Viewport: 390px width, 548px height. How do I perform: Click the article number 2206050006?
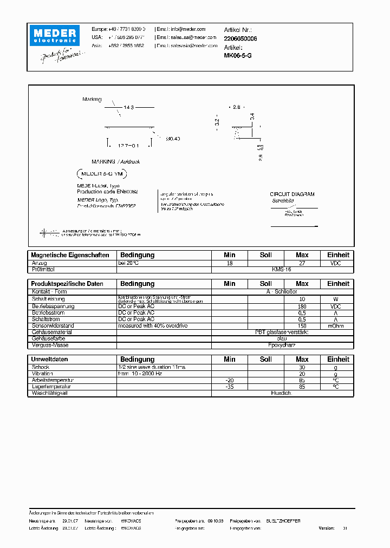coord(240,38)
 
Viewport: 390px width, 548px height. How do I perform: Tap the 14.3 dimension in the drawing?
coord(128,108)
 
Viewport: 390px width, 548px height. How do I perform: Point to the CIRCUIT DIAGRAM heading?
coord(292,194)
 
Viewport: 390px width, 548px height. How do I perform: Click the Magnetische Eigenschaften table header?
coord(70,255)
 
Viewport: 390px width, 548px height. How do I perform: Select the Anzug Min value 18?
coord(230,263)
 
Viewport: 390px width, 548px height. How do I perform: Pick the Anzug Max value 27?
coord(302,263)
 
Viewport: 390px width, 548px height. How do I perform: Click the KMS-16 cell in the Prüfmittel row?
coord(282,269)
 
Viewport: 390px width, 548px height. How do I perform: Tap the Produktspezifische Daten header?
coord(67,284)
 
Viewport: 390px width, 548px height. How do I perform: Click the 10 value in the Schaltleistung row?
coord(302,299)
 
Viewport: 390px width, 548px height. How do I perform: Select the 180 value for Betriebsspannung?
coord(302,306)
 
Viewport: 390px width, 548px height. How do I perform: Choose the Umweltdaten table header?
coord(49,360)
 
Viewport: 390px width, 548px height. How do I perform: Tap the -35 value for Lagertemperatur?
coord(230,387)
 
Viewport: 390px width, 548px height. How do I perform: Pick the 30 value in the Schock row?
coord(302,367)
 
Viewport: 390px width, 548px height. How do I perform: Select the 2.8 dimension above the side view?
coord(236,107)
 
